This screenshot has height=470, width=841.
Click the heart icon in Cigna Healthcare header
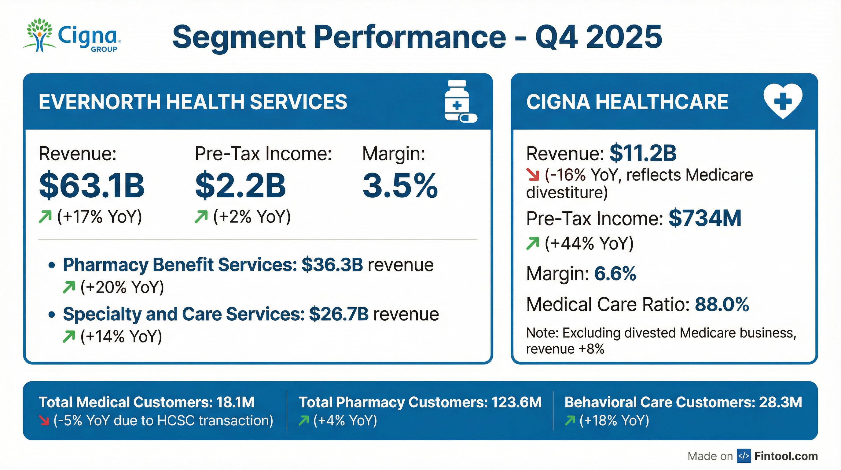(x=783, y=101)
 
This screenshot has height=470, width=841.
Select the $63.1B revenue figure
(x=91, y=186)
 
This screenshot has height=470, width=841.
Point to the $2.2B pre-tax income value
(x=240, y=186)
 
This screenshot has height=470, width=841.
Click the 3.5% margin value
(x=400, y=186)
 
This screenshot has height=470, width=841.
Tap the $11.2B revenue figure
(x=643, y=153)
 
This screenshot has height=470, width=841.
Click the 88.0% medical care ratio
(x=722, y=305)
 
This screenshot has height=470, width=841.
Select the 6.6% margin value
(x=615, y=274)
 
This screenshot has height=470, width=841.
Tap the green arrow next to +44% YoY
(x=533, y=244)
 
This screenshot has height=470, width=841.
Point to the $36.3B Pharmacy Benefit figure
(x=332, y=265)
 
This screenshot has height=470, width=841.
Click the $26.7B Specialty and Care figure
(x=339, y=314)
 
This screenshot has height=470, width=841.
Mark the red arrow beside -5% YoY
(x=44, y=421)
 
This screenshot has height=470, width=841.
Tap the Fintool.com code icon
(x=744, y=456)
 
